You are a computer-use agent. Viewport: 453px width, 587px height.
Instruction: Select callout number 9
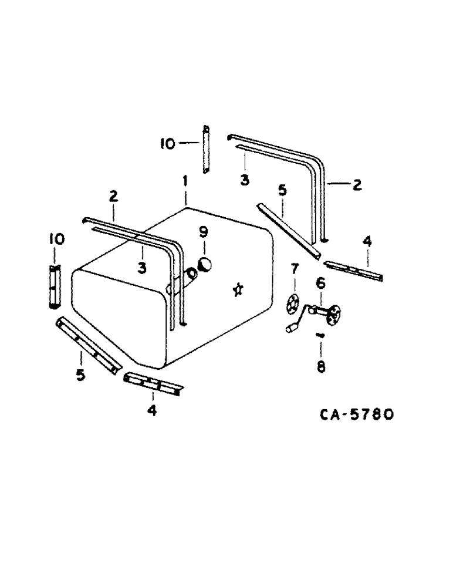(203, 232)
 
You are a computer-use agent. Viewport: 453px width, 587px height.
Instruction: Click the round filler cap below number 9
(205, 265)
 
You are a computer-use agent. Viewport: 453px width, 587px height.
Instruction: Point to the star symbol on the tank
(238, 289)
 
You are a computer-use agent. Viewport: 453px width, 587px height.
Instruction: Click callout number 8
(321, 367)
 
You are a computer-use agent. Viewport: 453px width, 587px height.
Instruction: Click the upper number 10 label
(167, 144)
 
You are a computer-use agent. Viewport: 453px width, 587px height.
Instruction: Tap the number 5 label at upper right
(282, 191)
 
